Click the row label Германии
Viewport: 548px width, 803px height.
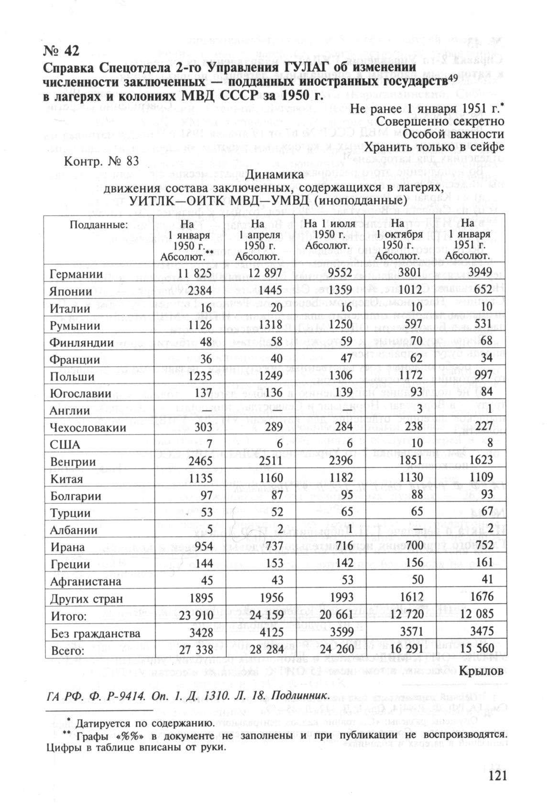coord(76,274)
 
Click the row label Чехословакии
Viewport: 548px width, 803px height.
coord(88,428)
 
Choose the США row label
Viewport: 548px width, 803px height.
coord(65,445)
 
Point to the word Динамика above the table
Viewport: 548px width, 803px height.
coord(274,176)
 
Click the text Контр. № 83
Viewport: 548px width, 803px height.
coord(101,161)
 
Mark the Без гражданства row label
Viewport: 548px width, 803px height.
coord(96,633)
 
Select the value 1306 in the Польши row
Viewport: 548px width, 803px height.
coord(339,376)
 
